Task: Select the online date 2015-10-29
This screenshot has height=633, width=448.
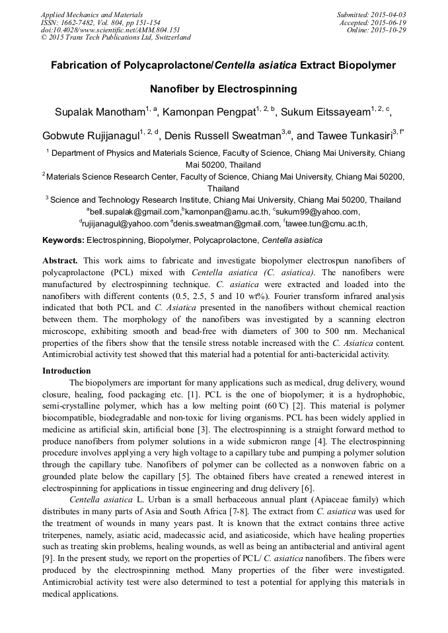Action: pos(391,30)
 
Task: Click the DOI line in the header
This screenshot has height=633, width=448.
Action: pos(111,30)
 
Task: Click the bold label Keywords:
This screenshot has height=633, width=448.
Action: pos(63,240)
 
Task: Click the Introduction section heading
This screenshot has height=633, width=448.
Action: pos(67,371)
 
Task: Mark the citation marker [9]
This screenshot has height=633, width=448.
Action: pos(48,558)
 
